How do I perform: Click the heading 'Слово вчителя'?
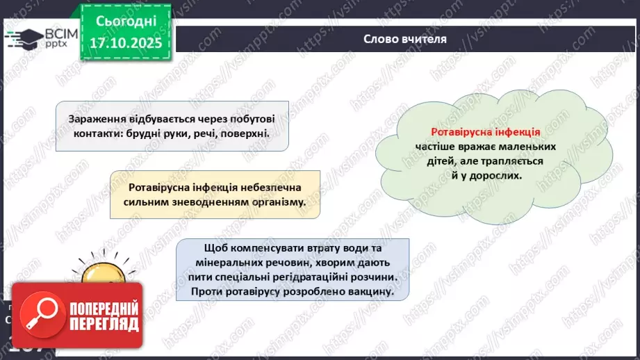coord(404,39)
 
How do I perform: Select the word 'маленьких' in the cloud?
coord(534,147)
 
